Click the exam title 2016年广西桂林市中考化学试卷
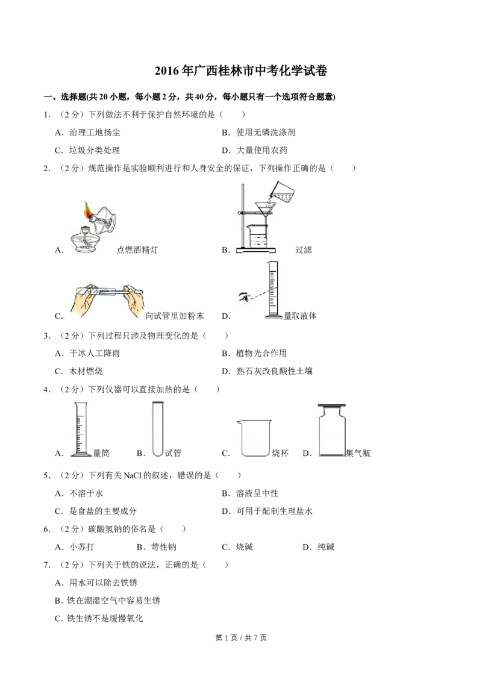[240, 71]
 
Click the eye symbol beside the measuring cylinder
[244, 297]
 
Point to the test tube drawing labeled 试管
[157, 429]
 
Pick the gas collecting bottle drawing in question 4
[332, 430]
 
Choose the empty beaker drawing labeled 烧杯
[254, 438]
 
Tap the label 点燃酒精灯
[137, 249]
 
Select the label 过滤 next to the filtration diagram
[303, 249]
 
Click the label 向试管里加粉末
[175, 316]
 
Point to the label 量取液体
[299, 316]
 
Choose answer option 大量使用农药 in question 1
[262, 151]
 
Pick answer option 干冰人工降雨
[95, 353]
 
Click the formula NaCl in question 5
[133, 475]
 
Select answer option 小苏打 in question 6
[82, 546]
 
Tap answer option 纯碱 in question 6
[327, 546]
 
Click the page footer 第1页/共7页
[241, 637]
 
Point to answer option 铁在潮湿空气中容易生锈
[113, 600]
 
